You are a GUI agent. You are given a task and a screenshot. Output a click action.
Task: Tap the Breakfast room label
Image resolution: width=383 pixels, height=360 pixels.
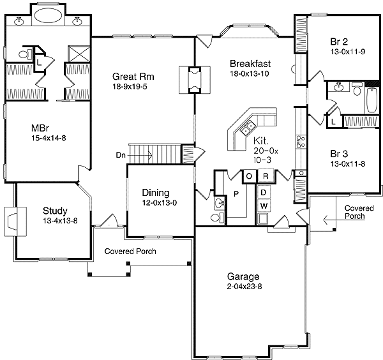tap(251, 63)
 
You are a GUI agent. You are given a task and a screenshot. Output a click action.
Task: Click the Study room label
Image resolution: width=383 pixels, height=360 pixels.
tap(56, 211)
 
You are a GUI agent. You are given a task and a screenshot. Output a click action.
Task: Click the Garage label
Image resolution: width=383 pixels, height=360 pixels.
tap(243, 276)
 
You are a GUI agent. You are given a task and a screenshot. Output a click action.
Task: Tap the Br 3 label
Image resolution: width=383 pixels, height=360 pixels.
tap(339, 153)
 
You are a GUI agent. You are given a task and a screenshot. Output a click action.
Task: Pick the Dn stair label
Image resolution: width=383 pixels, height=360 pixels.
tap(121, 154)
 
